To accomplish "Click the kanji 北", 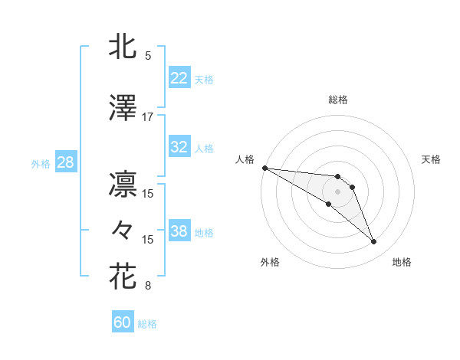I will tap(123, 47).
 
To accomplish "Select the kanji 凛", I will tap(123, 185).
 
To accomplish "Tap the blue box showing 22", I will tap(179, 78).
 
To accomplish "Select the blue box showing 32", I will tap(179, 147).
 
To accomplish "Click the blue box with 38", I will tap(179, 231).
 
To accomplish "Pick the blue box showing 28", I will tap(64, 162).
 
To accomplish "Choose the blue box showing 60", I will tap(123, 322).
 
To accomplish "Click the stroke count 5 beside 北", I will tap(148, 56).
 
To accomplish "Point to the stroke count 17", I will tap(148, 117).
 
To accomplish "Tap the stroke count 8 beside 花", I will tap(148, 286).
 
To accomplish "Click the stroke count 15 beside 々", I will tap(148, 240).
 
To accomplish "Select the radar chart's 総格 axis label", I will tap(338, 100).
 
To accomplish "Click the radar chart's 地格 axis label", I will tap(402, 263).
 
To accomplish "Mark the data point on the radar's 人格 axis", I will tap(264, 168).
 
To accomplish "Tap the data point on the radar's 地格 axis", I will tap(374, 242).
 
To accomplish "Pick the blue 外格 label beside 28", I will tap(41, 163).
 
